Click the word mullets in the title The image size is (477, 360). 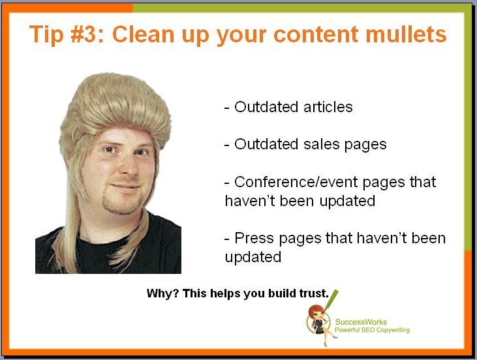406,34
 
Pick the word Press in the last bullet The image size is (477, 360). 254,238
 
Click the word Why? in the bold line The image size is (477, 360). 162,293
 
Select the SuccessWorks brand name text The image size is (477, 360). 361,322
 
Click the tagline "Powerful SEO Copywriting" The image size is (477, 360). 372,330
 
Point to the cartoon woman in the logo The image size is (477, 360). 320,324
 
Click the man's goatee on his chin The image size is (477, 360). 121,203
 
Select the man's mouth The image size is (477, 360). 125,185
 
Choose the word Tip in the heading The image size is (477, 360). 46,34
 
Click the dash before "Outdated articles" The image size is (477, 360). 226,108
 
